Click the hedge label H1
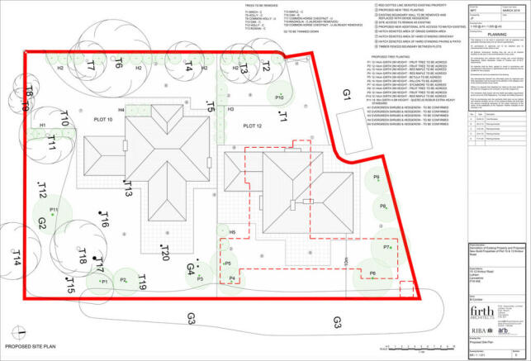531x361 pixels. pos(42,126)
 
